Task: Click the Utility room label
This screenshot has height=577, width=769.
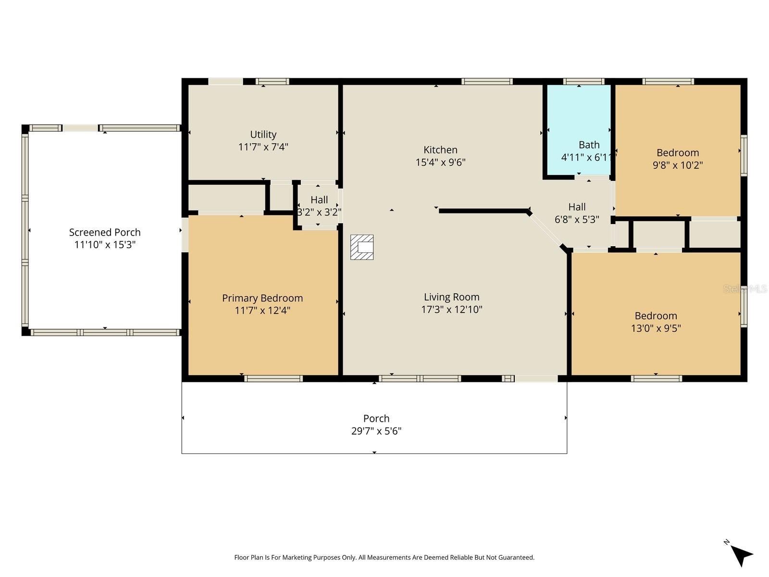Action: click(263, 135)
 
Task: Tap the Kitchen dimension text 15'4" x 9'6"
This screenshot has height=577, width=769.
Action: click(440, 163)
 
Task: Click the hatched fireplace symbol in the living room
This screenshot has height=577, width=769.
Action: click(362, 247)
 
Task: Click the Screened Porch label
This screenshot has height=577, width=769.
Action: click(105, 233)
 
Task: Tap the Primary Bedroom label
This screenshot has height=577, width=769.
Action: click(262, 298)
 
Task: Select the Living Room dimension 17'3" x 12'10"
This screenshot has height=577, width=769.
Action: click(451, 310)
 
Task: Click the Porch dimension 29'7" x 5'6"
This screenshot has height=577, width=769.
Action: click(376, 431)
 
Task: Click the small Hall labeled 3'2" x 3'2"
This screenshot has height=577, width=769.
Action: click(319, 206)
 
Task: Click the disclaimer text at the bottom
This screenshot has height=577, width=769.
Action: click(384, 558)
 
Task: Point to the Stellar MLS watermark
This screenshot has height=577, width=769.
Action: click(745, 289)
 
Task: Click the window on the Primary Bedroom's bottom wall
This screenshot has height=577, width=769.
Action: click(273, 379)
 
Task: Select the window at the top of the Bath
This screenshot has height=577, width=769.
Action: click(583, 81)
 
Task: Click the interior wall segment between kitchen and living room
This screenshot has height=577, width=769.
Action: click(483, 211)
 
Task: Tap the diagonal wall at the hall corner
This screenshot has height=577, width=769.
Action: click(546, 230)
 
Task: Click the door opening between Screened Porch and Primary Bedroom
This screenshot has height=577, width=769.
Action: click(185, 235)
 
